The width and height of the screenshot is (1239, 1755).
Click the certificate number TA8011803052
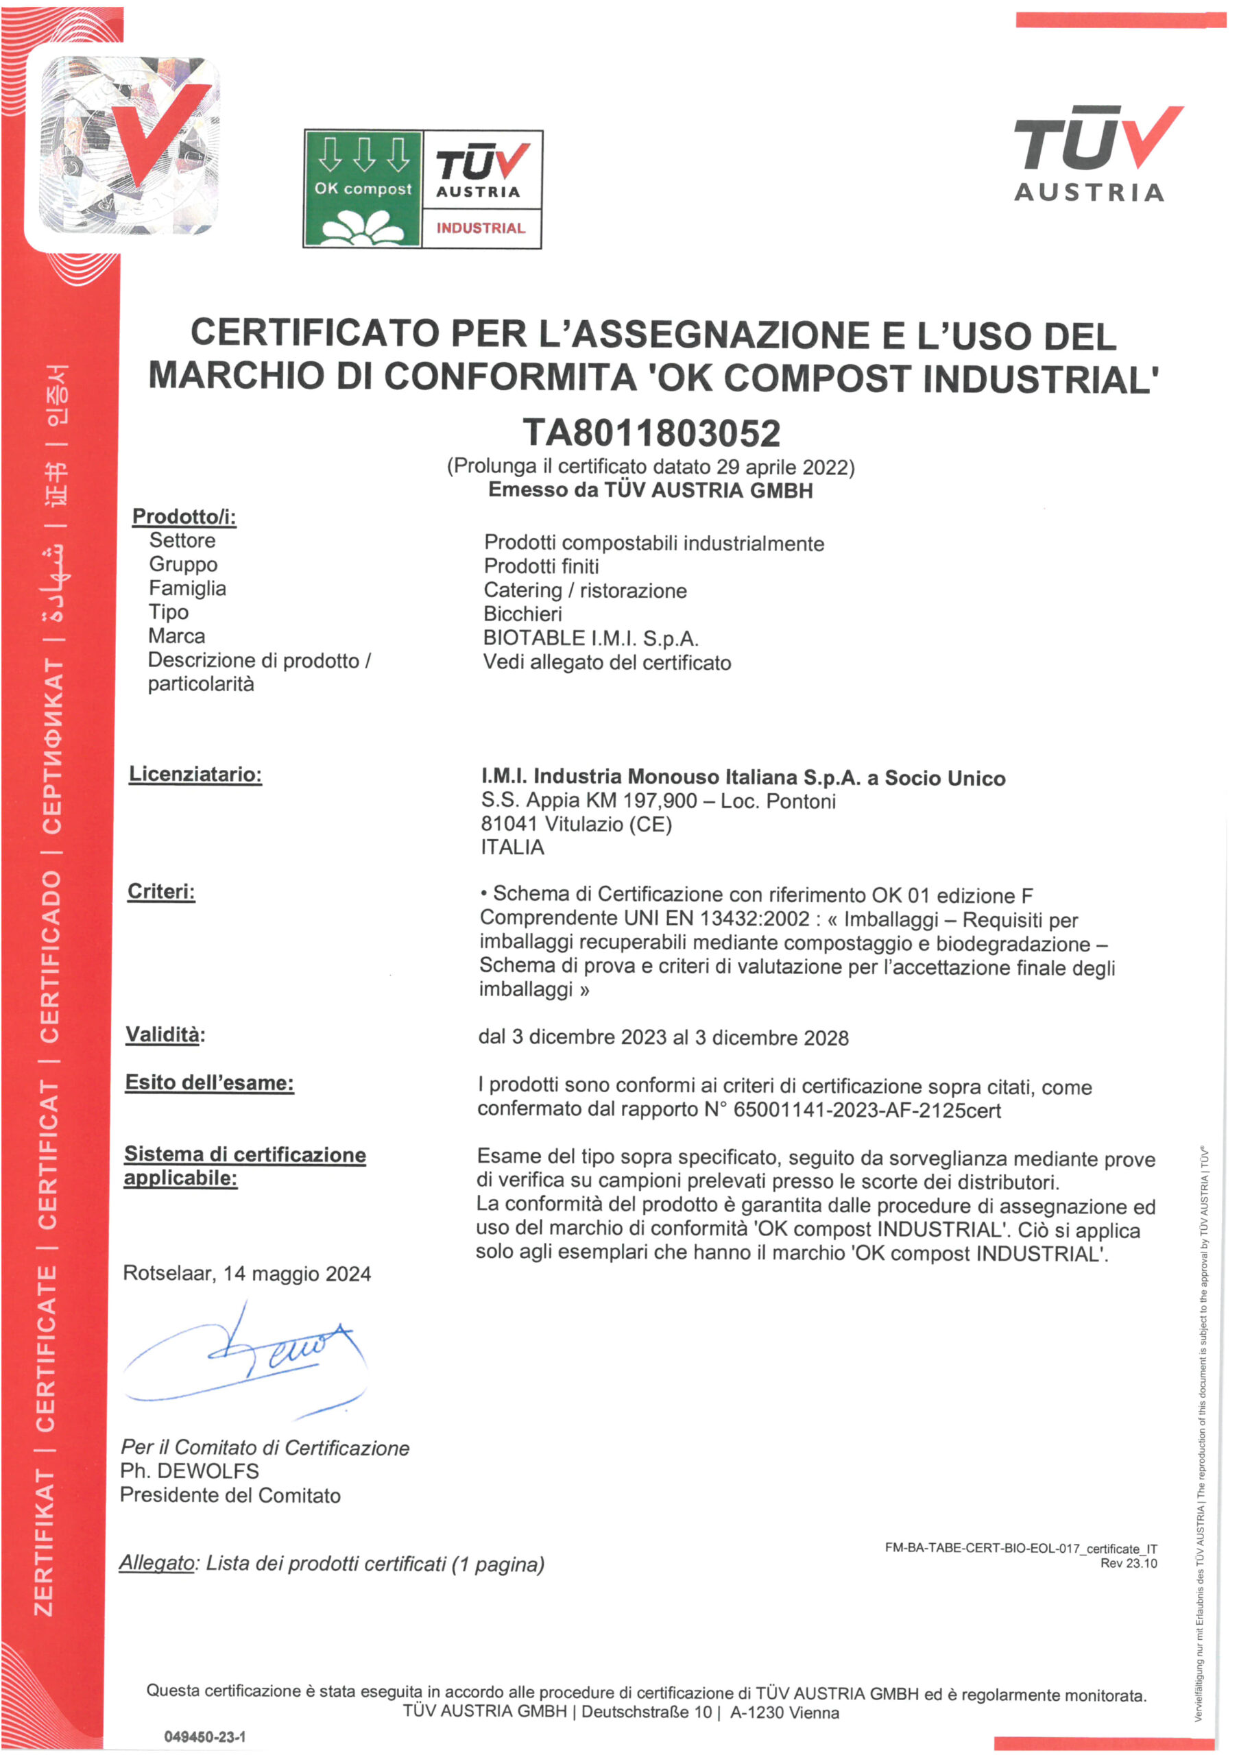coord(651,433)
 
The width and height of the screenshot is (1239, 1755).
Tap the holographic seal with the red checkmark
coord(128,145)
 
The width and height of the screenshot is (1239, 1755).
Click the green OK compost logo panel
coord(363,189)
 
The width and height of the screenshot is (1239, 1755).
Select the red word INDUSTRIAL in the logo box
coord(481,228)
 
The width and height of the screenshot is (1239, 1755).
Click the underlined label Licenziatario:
coord(195,774)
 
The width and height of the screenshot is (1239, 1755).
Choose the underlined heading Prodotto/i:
coord(184,517)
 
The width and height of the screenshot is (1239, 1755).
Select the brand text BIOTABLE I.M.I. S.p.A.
coord(591,638)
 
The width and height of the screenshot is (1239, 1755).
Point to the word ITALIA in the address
coord(512,847)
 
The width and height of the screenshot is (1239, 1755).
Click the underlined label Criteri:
coord(161,891)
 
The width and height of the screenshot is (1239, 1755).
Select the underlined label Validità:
coord(165,1035)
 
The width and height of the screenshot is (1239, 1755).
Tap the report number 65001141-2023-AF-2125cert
coord(867,1110)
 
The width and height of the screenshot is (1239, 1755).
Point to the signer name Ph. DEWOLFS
coord(189,1470)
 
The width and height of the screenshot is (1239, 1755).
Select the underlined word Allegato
coord(157,1563)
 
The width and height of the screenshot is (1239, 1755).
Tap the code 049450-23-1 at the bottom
coord(205,1736)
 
